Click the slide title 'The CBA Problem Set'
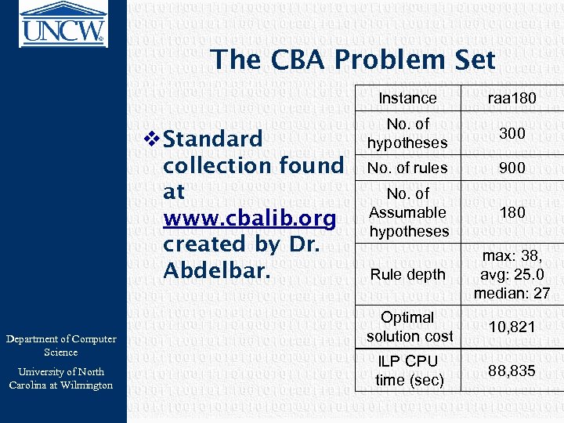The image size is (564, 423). click(352, 60)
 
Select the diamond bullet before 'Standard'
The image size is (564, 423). click(153, 139)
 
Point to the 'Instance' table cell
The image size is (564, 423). click(407, 98)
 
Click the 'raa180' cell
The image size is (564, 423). click(512, 98)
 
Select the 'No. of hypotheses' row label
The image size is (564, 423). click(407, 133)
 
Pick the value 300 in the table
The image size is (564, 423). click(512, 133)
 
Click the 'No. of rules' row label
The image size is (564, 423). click(407, 168)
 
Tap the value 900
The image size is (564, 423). click(512, 168)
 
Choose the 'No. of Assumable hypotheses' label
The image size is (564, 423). click(407, 212)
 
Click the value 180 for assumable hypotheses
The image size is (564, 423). click(512, 212)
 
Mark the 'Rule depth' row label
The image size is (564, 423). click(407, 274)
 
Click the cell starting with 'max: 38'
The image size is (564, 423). click(512, 274)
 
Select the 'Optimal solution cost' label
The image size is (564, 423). click(407, 327)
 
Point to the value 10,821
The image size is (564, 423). click(512, 327)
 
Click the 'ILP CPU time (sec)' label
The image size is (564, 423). click(407, 371)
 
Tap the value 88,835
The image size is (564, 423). click(512, 371)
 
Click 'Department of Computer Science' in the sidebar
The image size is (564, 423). click(61, 345)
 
